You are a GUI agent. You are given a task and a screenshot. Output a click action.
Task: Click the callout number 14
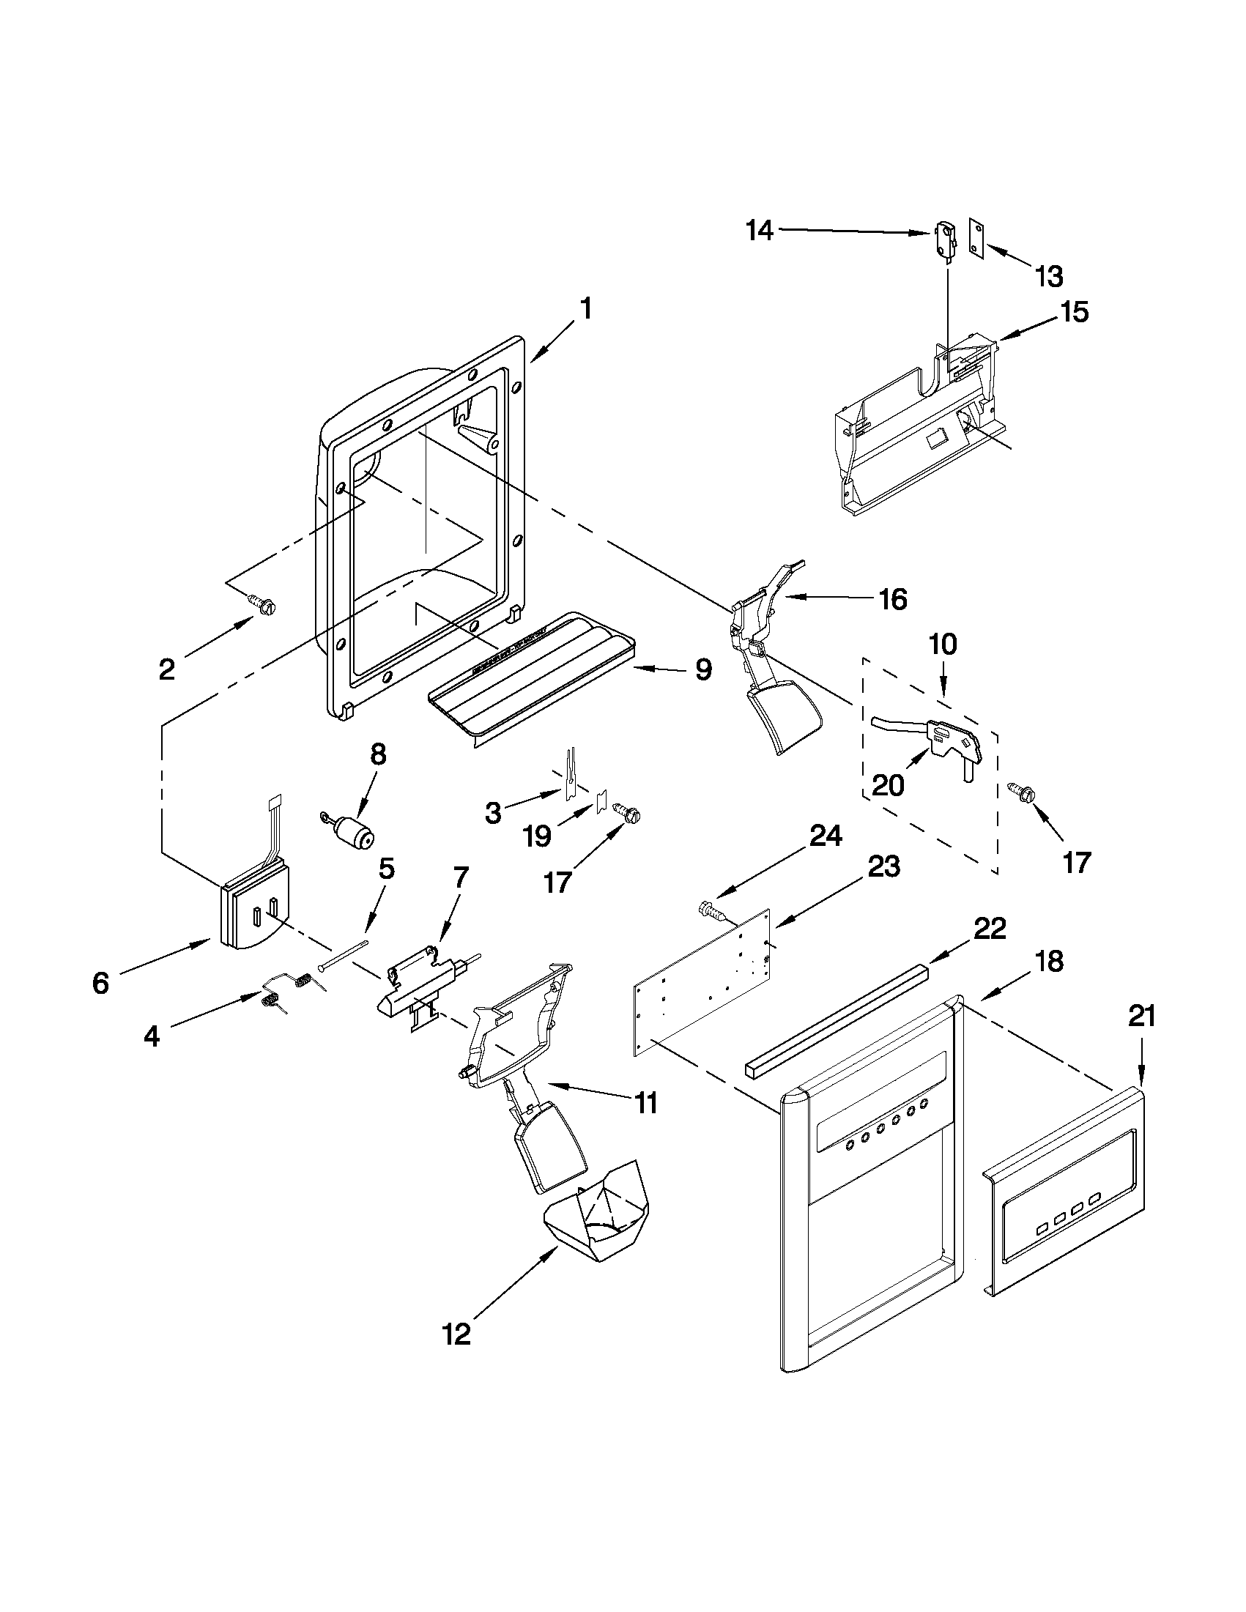coord(760,230)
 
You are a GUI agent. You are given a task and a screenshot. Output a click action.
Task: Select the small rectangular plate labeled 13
coord(976,239)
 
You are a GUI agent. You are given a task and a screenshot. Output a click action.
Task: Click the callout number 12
coord(457,1334)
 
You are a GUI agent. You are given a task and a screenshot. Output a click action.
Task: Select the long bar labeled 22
coord(837,1025)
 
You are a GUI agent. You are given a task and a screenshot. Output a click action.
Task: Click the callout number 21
coord(1141,1017)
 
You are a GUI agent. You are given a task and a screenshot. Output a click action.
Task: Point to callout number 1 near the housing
coord(585,308)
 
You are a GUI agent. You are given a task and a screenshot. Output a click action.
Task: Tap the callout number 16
coord(893,599)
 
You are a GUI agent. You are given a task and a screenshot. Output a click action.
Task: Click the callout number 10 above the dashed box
coord(943,645)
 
